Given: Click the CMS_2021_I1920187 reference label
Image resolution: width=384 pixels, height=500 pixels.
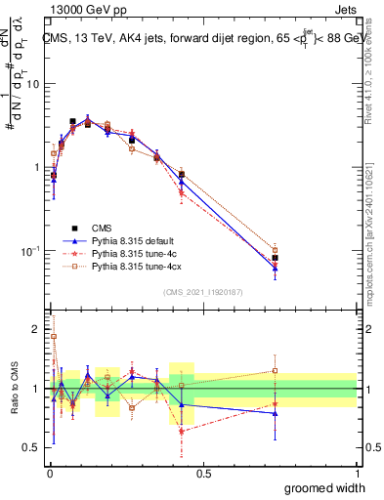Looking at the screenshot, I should (202, 292).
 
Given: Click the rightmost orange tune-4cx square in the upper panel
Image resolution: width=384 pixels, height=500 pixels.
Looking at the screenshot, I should (276, 250).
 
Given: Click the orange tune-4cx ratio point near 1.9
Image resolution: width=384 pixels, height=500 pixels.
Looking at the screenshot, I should (54, 336).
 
